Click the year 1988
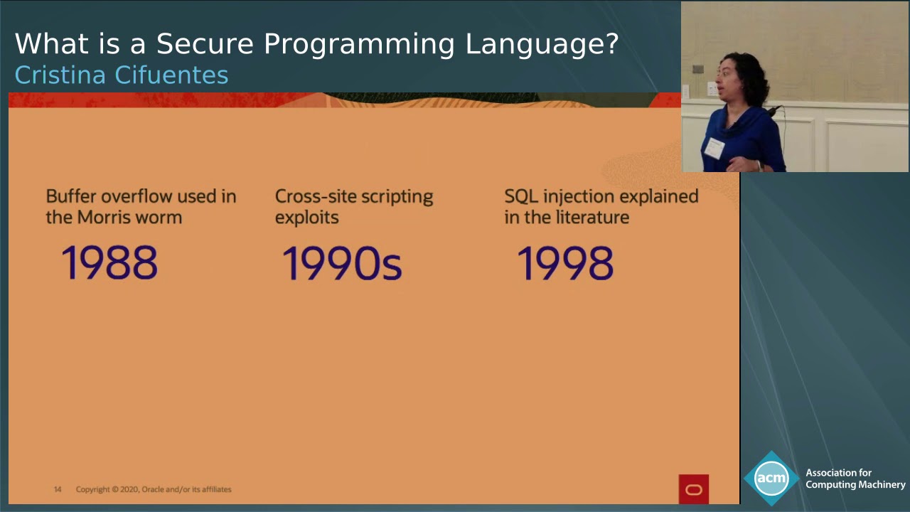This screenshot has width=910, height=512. tap(109, 263)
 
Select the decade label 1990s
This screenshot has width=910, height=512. tap(342, 263)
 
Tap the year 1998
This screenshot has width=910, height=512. tap(565, 263)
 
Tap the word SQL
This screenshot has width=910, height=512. tap(520, 196)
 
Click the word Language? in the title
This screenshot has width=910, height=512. tap(542, 44)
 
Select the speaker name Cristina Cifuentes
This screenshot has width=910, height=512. tap(122, 75)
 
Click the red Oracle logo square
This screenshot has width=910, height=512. tap(693, 489)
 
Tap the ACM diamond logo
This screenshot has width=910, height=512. tap(771, 478)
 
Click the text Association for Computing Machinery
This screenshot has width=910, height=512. tap(855, 479)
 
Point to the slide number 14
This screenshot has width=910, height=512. tap(58, 489)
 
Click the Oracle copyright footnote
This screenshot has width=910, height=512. tap(154, 489)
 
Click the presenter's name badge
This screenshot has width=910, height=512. tap(714, 149)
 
